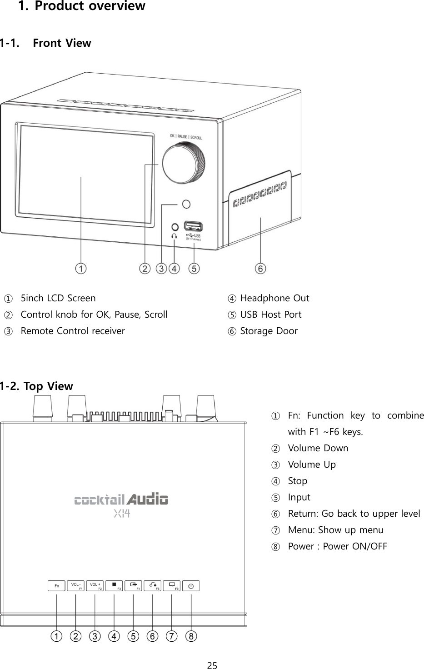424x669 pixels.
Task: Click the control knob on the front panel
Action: (x=184, y=163)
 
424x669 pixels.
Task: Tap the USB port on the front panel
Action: (x=193, y=226)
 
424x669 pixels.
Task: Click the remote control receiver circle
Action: (x=186, y=205)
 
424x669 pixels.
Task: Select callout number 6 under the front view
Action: (x=260, y=269)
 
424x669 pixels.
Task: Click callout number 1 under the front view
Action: (x=81, y=269)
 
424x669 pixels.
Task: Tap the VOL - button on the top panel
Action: (x=75, y=586)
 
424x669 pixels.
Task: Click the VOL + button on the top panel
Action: (x=95, y=586)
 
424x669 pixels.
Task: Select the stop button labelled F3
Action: (x=114, y=586)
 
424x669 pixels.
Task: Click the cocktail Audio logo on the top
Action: (x=121, y=499)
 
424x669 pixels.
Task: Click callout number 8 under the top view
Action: (x=191, y=636)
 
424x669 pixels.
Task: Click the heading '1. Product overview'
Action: (x=81, y=6)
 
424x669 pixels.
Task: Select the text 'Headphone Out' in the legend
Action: (x=274, y=298)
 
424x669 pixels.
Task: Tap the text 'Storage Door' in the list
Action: (x=269, y=331)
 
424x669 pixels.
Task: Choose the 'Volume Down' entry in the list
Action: (x=318, y=448)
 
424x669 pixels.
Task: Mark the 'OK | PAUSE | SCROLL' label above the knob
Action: (x=186, y=137)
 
